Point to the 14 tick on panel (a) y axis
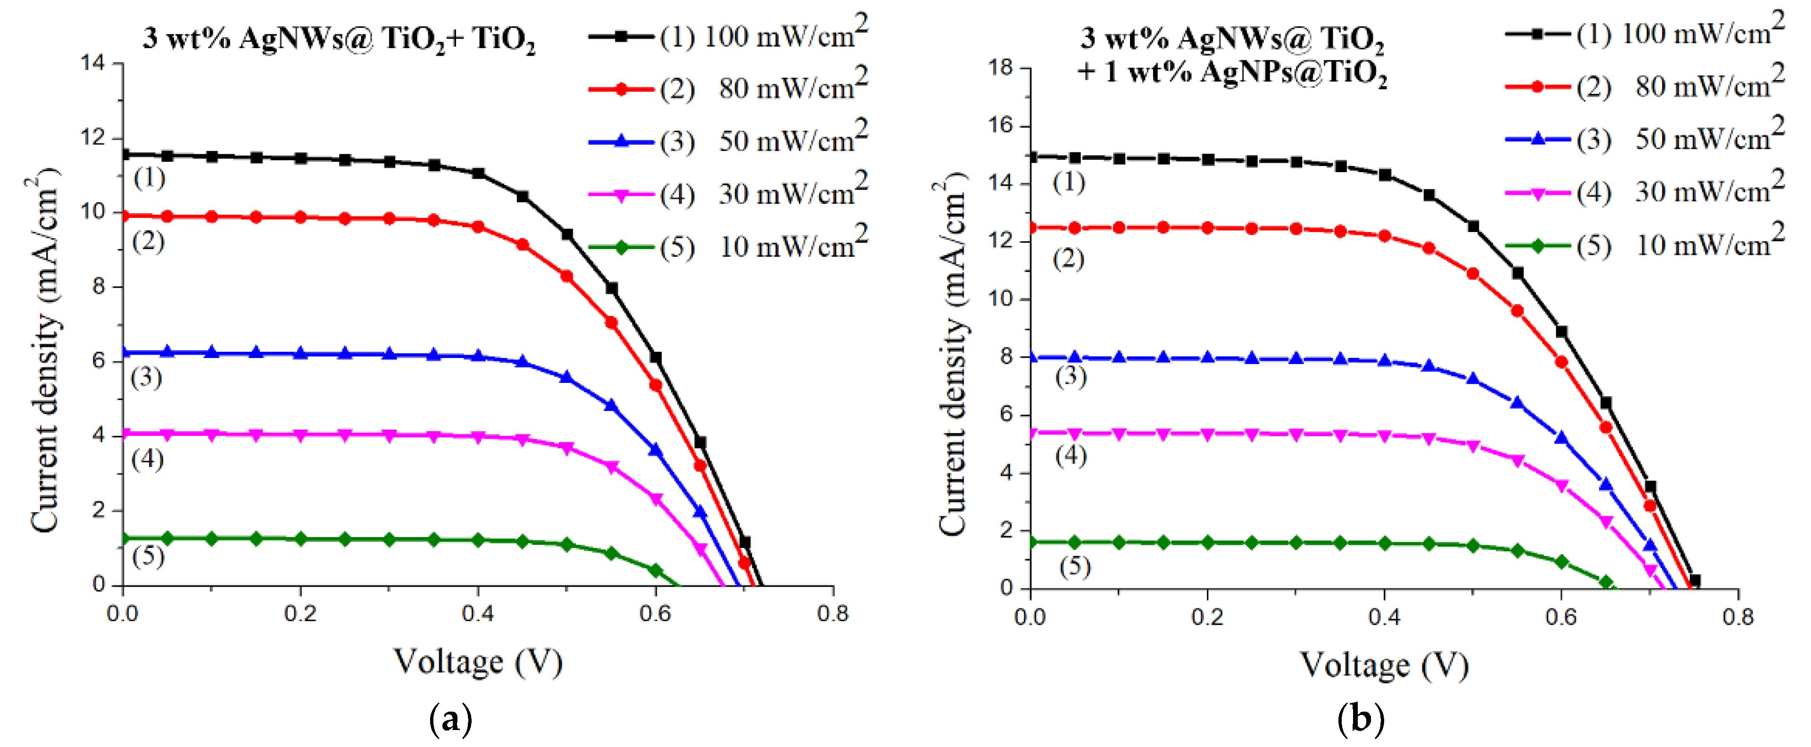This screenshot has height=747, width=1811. click(92, 63)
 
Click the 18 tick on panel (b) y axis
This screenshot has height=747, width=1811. click(1000, 67)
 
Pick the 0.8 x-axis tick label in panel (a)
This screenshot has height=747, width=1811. click(832, 614)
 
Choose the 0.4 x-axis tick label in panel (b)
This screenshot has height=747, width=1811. click(1384, 617)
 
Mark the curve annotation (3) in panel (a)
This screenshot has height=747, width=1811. click(146, 378)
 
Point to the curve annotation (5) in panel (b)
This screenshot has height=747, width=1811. click(1074, 566)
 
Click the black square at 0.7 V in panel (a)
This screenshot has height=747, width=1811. click(745, 542)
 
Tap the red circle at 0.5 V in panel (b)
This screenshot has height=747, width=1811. click(1473, 274)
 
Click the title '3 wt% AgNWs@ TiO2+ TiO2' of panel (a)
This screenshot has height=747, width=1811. click(339, 39)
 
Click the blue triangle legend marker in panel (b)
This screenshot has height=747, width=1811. click(1537, 139)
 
